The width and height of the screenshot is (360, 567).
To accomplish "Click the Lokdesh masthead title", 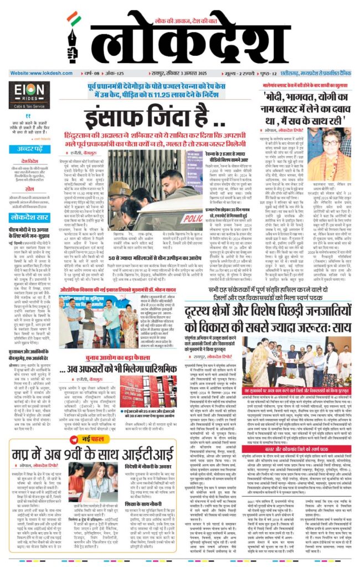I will [x=222, y=40].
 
